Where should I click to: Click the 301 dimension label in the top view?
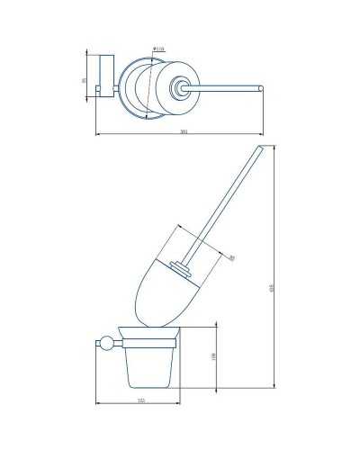click(x=184, y=132)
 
